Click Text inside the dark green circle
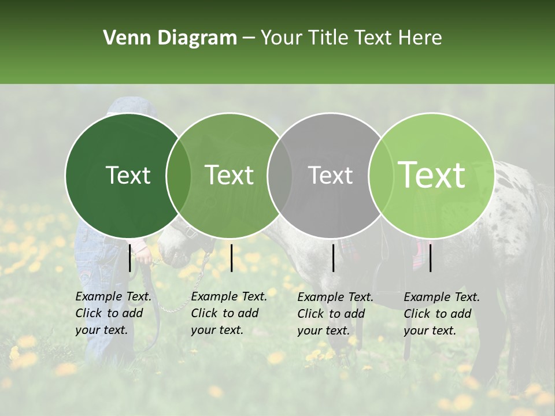tap(128, 176)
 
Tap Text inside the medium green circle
tap(229, 175)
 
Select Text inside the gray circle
tap(330, 176)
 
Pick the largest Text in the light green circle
tap(431, 175)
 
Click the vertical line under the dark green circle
tap(129, 258)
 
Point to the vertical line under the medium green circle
tap(231, 258)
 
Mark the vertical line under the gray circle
tap(333, 258)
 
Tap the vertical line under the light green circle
tap(430, 258)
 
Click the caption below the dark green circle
tap(113, 313)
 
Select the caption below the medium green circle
tap(229, 313)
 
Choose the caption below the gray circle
tap(335, 314)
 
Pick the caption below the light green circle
tap(442, 314)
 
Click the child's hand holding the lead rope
tap(144, 254)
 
